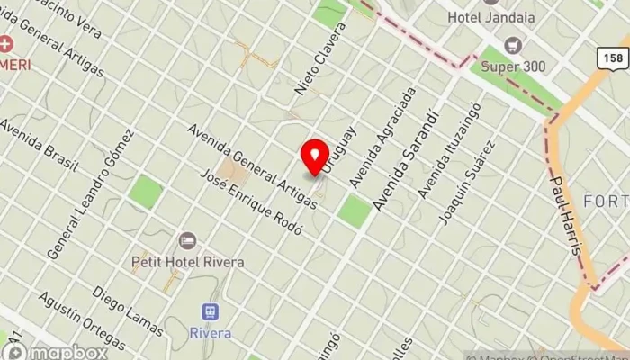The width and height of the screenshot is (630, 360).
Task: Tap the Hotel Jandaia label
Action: point(490,16)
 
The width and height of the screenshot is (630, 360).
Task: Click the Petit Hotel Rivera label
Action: point(187,262)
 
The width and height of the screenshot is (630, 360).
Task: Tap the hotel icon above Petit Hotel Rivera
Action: point(187,241)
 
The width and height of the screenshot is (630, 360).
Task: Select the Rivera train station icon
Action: point(211,312)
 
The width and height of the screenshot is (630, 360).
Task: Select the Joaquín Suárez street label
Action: point(466,183)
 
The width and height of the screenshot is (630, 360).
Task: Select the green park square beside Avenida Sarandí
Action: point(355,211)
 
